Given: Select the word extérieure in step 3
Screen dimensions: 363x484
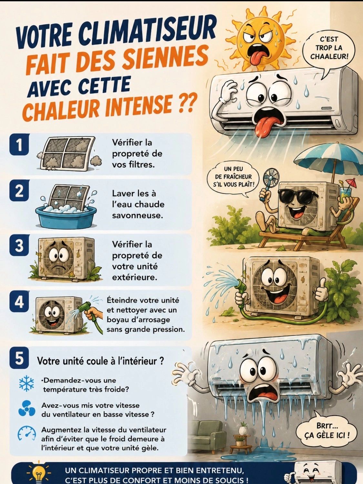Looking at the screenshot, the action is pyautogui.click(x=135, y=277).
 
